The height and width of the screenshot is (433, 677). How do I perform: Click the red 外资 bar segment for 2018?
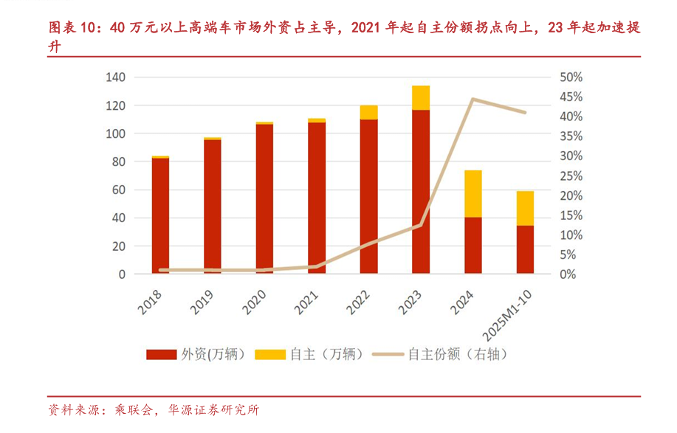[161, 215]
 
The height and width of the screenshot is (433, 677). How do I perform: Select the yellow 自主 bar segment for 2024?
[472, 193]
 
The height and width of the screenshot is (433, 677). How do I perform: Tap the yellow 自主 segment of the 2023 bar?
[421, 97]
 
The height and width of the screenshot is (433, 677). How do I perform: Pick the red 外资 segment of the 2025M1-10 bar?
[525, 249]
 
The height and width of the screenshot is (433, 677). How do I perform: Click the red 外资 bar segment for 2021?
[317, 198]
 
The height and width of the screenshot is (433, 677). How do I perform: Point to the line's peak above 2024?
[472, 99]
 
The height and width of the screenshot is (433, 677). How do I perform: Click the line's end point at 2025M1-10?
[525, 113]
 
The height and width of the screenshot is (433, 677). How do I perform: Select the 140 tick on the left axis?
[116, 77]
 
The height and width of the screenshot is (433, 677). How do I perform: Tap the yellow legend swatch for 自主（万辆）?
[269, 354]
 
